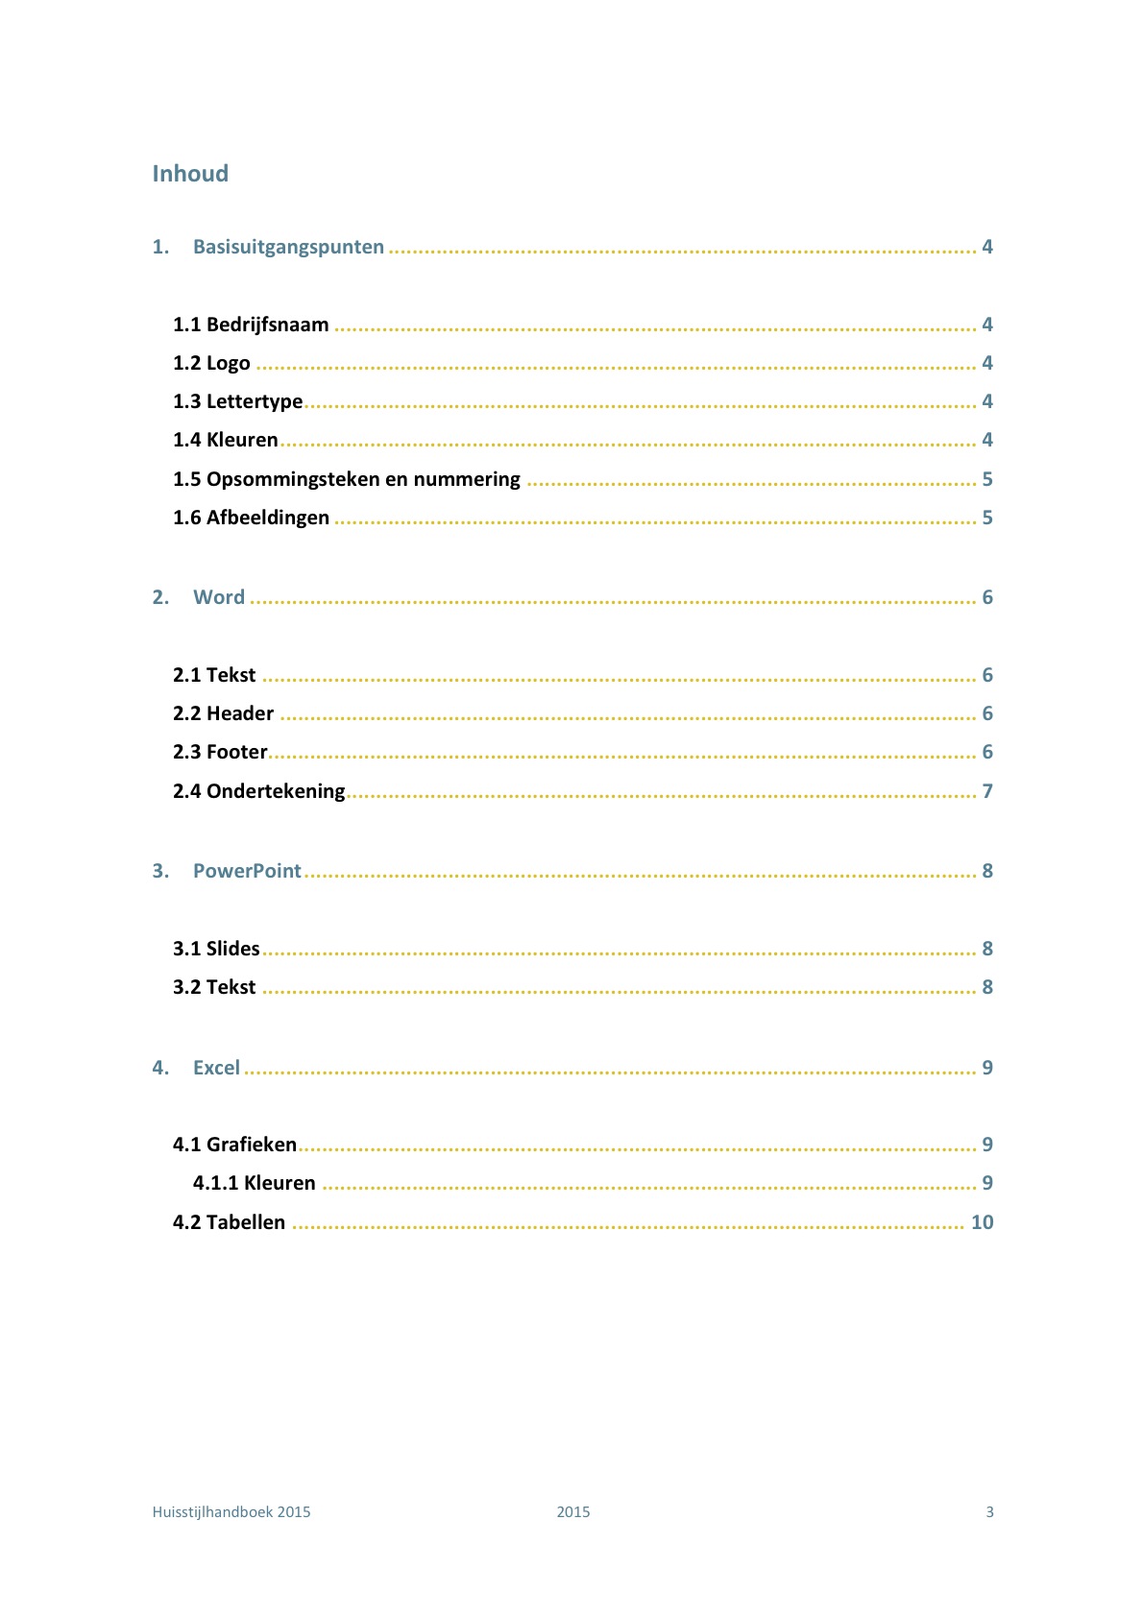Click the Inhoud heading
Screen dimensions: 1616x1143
coord(190,174)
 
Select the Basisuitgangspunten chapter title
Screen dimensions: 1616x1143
coord(288,247)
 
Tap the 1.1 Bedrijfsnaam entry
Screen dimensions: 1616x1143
coord(251,325)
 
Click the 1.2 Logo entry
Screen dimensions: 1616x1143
coord(211,363)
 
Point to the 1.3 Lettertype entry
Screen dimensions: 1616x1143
coord(237,401)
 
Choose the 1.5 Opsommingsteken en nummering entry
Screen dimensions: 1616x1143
coord(346,479)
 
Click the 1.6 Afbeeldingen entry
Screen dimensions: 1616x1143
coord(251,518)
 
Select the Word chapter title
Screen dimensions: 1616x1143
coord(219,597)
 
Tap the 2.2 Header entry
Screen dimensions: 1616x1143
coord(223,713)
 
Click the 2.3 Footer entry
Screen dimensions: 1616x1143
coord(220,752)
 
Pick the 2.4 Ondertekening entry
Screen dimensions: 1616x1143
coord(258,791)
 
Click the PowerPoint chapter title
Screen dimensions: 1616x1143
coord(247,871)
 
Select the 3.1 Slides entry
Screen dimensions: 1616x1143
coord(216,949)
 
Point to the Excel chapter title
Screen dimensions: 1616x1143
coord(216,1068)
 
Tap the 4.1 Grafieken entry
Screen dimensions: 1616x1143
coord(234,1145)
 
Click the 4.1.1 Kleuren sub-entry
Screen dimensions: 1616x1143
coord(254,1183)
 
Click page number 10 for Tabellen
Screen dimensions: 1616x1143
coord(982,1222)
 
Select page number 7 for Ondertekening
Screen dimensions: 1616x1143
coord(986,791)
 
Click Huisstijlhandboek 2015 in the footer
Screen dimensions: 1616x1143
coord(231,1511)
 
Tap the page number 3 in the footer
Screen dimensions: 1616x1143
coord(989,1511)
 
